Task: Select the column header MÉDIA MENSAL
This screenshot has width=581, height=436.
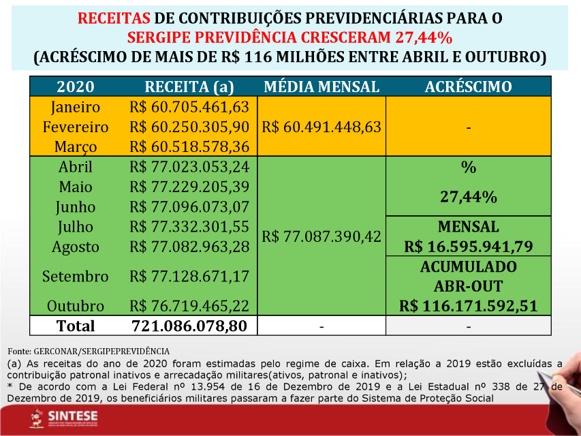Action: click(321, 87)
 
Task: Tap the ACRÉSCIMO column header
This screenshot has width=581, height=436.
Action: click(468, 87)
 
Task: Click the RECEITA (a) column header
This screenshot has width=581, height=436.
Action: click(189, 87)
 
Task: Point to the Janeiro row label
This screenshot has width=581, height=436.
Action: click(76, 107)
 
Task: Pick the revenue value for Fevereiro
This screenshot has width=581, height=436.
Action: click(189, 127)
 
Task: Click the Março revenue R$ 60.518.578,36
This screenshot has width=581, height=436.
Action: click(189, 146)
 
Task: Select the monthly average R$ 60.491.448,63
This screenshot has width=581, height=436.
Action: click(321, 127)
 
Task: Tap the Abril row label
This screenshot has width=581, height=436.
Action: click(76, 167)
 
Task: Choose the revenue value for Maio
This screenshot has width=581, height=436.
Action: click(189, 187)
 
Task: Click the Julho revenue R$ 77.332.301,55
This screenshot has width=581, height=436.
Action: click(189, 227)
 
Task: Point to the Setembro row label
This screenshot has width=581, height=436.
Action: click(76, 277)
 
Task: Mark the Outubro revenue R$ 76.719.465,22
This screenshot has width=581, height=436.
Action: click(189, 306)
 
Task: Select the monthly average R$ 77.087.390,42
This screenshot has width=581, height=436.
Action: click(321, 236)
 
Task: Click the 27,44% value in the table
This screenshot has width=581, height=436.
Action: click(468, 198)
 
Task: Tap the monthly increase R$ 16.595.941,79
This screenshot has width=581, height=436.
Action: click(468, 247)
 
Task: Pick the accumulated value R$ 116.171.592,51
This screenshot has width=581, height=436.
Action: click(468, 306)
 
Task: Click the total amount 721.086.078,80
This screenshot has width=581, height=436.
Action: click(189, 326)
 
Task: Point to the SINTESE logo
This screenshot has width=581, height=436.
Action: click(64, 418)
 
